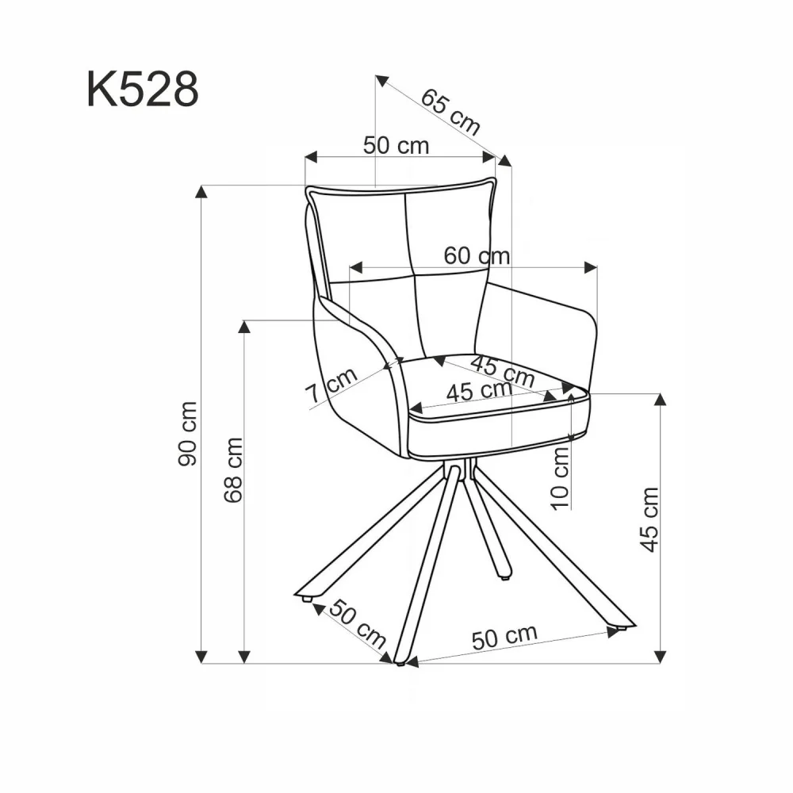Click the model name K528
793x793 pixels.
pos(142,90)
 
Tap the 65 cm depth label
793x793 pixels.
pos(450,110)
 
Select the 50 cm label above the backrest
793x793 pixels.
pos(396,145)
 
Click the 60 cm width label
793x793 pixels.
pos(476,255)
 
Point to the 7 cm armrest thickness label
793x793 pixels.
pos(331,386)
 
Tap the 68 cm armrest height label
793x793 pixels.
pos(232,469)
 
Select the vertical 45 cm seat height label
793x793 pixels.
pos(649,519)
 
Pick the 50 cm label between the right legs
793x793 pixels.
pos(504,637)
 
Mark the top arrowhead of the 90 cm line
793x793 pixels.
pos(202,191)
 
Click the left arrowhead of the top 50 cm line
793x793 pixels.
pos(310,156)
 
